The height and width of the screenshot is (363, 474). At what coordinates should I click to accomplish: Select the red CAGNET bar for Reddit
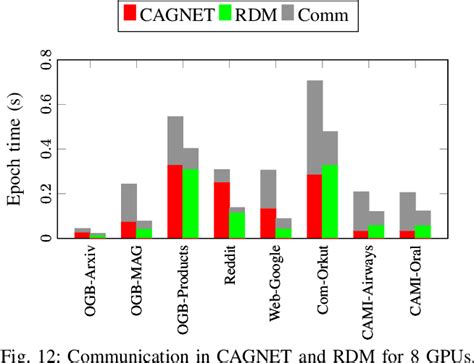[x=222, y=210]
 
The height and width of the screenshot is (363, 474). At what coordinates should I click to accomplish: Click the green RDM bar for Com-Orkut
[x=330, y=201]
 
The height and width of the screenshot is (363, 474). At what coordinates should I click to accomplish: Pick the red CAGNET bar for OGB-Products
[x=175, y=201]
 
